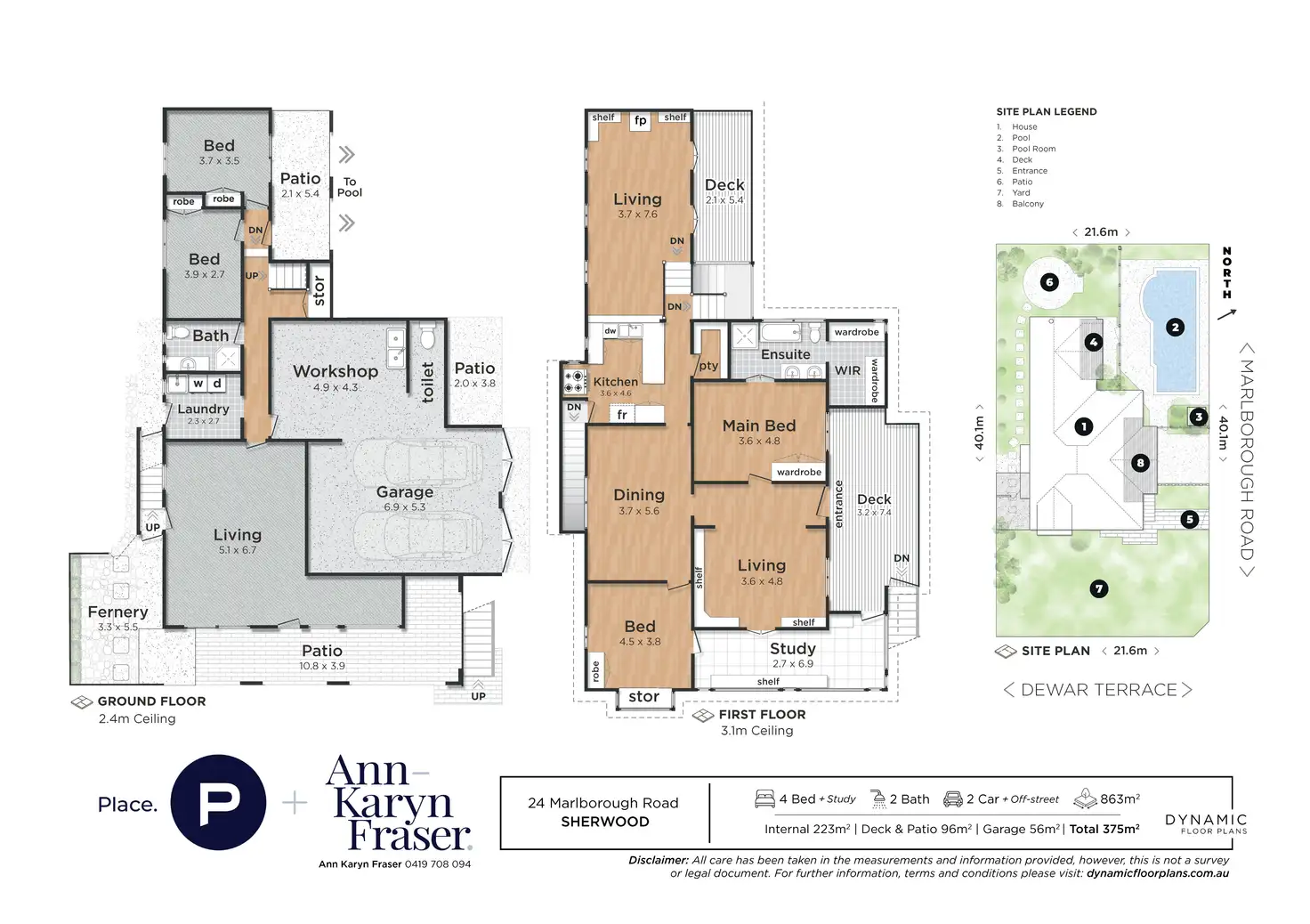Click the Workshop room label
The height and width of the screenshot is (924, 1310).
[336, 371]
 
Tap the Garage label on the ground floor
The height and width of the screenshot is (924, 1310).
[405, 492]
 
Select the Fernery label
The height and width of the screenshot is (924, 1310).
[117, 612]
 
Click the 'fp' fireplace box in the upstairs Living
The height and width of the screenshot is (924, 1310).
[641, 121]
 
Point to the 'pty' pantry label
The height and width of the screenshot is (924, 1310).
[708, 366]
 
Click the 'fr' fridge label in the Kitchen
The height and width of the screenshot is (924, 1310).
[622, 415]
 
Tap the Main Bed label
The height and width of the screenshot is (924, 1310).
[759, 426]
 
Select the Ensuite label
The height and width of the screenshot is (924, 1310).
[786, 354]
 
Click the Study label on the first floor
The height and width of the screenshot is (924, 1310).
[793, 649]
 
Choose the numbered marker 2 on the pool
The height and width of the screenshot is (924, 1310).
[1176, 328]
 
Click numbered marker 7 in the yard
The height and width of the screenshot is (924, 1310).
[1099, 588]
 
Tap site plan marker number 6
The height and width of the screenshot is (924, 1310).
[1049, 282]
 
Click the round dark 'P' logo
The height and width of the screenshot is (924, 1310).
[218, 803]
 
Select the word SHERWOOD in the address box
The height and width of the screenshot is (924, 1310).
[605, 822]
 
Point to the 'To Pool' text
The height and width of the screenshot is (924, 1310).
[350, 187]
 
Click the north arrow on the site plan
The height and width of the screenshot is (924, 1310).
[1227, 313]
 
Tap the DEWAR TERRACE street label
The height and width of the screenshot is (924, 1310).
[1098, 690]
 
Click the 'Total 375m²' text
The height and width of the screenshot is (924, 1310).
[1104, 829]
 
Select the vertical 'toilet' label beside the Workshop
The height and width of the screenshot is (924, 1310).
[428, 381]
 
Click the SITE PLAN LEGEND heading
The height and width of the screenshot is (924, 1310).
[1047, 112]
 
